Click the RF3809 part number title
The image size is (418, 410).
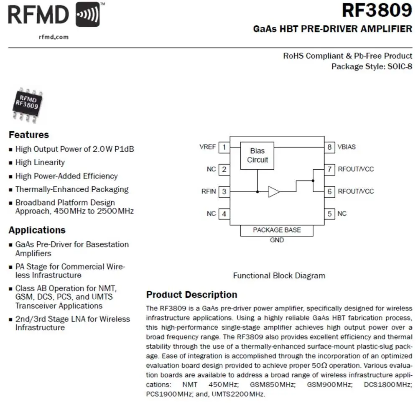[377, 10]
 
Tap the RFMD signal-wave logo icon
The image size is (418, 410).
[88, 15]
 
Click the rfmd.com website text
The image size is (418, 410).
[53, 37]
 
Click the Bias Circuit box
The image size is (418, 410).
[257, 155]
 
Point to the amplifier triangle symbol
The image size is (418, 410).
[273, 192]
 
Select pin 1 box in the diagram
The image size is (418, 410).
[224, 147]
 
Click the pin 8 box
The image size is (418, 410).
[330, 147]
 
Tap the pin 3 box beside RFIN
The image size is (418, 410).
[224, 192]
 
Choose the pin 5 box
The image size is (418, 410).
[330, 214]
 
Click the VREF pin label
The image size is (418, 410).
[208, 147]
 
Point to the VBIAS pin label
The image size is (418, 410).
[347, 147]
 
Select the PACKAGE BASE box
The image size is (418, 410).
[277, 230]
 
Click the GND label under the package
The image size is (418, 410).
[277, 240]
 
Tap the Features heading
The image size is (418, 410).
[29, 135]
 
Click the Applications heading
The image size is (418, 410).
[37, 230]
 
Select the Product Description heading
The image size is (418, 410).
[191, 295]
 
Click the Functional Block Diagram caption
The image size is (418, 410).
[279, 276]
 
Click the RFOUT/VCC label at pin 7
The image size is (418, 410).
[356, 169]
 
